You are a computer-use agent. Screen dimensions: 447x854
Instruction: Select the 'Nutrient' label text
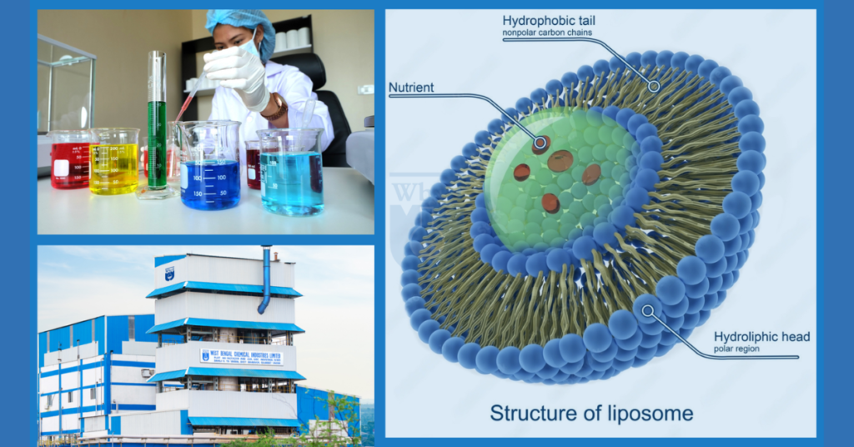click(x=414, y=87)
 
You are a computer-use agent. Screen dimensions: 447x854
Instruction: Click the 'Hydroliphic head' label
click(x=761, y=337)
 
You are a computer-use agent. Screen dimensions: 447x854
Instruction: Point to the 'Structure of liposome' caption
click(x=591, y=412)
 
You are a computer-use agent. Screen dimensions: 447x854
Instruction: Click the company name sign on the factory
click(x=241, y=356)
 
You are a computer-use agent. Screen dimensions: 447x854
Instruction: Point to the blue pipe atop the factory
click(x=265, y=279)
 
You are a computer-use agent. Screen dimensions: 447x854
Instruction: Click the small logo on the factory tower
click(x=170, y=273)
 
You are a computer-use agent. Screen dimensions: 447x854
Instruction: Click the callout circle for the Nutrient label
click(x=540, y=143)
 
